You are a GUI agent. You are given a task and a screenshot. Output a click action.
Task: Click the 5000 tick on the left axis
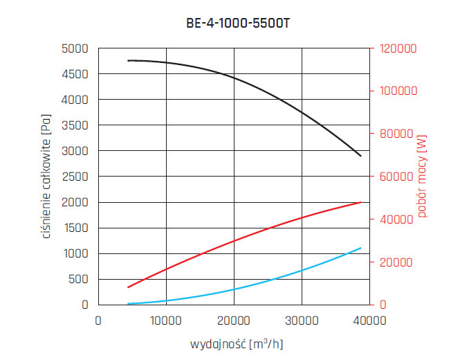(x=76, y=48)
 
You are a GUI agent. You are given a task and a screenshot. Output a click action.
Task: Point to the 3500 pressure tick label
(x=76, y=125)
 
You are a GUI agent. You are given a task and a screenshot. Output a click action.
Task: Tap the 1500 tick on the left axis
(x=76, y=228)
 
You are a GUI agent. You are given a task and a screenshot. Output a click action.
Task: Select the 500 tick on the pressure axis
(x=80, y=279)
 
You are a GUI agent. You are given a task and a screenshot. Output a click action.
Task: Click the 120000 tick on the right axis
(x=396, y=48)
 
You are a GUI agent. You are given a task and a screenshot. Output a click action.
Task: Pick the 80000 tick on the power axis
(x=394, y=134)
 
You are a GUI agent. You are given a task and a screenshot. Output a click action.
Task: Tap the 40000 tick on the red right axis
(x=394, y=219)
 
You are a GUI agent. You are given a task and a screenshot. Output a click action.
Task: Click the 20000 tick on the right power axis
(x=394, y=262)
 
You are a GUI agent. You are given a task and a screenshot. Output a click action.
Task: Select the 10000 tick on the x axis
(x=166, y=320)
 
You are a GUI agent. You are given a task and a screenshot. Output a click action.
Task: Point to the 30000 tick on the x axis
(x=302, y=320)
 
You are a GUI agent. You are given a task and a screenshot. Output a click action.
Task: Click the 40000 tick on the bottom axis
(x=369, y=320)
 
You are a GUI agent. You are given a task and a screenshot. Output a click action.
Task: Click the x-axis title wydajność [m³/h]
(x=234, y=344)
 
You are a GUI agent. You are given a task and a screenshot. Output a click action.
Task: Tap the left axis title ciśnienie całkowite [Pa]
(x=47, y=177)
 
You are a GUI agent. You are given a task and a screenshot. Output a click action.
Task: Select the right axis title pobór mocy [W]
(x=422, y=177)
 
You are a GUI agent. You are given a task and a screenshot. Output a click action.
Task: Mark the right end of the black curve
(x=361, y=156)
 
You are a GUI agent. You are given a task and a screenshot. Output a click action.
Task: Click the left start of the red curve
(x=128, y=287)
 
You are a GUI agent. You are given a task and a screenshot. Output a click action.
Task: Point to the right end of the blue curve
(x=361, y=248)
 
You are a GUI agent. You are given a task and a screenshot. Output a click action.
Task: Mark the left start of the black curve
(x=128, y=61)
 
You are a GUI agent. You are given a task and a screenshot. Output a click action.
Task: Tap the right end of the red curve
(x=361, y=202)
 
